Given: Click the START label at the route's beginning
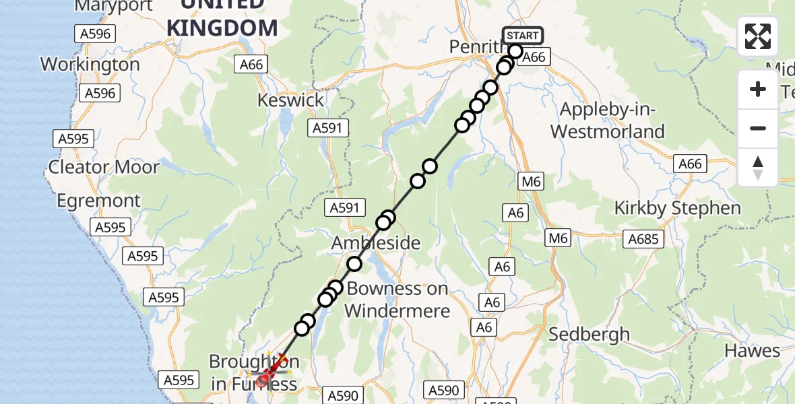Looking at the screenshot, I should click(x=522, y=36).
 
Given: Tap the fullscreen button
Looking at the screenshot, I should click(x=758, y=36).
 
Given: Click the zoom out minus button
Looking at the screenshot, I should click(x=758, y=128).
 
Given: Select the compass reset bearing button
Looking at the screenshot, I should click(x=758, y=168).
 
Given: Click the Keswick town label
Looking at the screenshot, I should click(x=290, y=100).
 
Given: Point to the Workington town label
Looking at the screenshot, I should click(x=90, y=65).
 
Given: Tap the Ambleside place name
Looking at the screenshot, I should click(x=376, y=243).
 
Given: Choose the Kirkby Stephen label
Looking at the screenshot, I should click(x=677, y=208).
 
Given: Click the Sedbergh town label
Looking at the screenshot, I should click(x=590, y=334).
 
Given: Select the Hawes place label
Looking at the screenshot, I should click(x=752, y=350).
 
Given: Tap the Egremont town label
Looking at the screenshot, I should click(x=99, y=201).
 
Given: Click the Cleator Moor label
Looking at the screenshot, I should click(x=104, y=167).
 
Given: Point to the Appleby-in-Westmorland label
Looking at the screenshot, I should click(x=608, y=121).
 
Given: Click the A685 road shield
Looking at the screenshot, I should click(x=645, y=238).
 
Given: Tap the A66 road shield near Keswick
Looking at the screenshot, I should click(x=251, y=64).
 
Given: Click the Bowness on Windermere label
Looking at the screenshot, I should click(x=397, y=300).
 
